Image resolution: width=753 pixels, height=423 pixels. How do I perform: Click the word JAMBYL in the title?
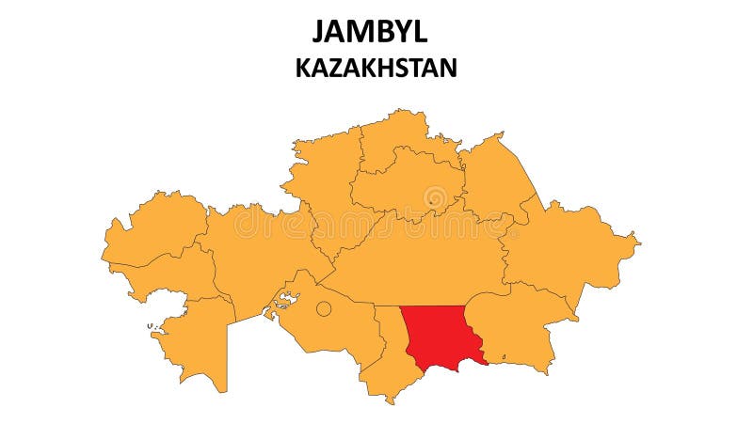coord(370,31)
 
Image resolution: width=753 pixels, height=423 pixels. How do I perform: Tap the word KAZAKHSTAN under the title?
coord(376,68)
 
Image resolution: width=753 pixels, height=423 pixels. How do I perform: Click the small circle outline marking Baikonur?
coord(323,308)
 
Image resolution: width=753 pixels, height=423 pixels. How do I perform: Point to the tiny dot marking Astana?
coord(430,199)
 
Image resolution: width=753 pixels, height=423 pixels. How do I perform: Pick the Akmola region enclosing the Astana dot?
coord(405,183)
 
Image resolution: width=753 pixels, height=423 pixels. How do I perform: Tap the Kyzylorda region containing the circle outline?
coord(329,324)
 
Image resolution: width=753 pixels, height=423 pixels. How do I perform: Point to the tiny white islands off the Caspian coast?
coord(151,326)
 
